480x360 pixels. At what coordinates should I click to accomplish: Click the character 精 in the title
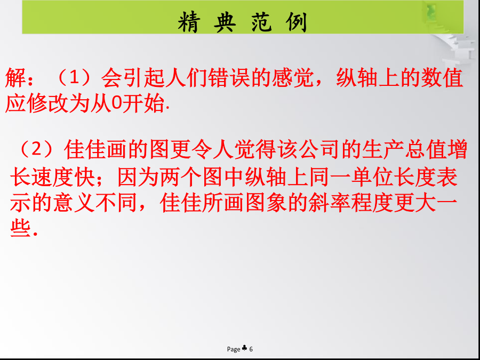(x=189, y=22)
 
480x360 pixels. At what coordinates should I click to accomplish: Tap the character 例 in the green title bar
(x=296, y=22)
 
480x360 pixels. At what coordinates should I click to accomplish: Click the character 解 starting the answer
(x=15, y=78)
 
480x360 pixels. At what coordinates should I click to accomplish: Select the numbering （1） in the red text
(x=74, y=78)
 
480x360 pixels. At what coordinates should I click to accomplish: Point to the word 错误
(x=229, y=78)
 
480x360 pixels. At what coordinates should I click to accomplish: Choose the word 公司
(x=320, y=149)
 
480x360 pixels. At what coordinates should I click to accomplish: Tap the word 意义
(x=74, y=203)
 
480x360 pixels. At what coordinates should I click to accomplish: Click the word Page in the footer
(x=234, y=349)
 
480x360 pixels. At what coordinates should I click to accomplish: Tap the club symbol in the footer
(x=244, y=348)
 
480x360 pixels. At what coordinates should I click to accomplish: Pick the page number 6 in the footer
(x=251, y=349)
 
